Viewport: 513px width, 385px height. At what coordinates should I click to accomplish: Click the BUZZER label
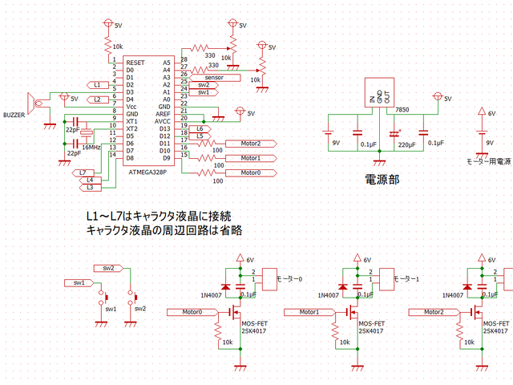click(x=15, y=115)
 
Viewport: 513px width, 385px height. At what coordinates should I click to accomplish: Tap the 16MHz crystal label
click(x=90, y=148)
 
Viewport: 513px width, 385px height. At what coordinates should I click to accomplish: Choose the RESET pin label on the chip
click(x=135, y=62)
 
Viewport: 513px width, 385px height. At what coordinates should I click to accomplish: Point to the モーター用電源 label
click(x=488, y=161)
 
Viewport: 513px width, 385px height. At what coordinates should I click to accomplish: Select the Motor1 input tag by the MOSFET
click(x=310, y=311)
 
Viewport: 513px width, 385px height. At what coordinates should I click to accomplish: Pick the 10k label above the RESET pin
click(x=117, y=47)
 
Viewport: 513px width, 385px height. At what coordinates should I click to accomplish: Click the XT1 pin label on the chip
click(x=133, y=121)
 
